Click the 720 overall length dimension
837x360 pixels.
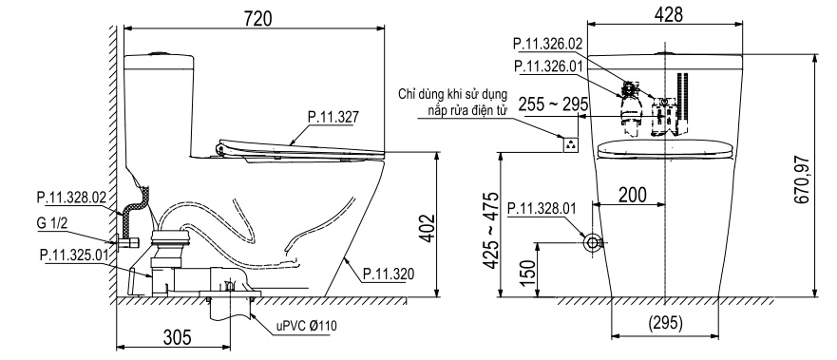(x=258, y=18)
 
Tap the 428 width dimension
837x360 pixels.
(x=667, y=14)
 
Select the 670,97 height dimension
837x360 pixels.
(x=801, y=180)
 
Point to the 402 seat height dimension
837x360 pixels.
(x=428, y=228)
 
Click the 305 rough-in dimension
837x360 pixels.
(x=178, y=337)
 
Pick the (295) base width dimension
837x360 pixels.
(x=665, y=323)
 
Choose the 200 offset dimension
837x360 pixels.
(x=632, y=195)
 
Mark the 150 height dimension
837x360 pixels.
(x=527, y=273)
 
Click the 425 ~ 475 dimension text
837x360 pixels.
(x=490, y=231)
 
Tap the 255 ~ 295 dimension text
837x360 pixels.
(x=554, y=103)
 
